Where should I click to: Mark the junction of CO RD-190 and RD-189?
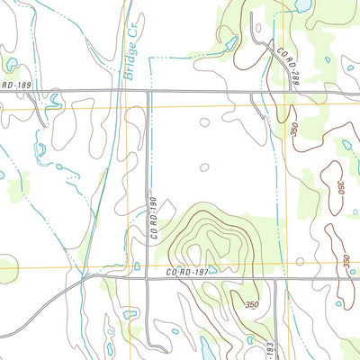(x=148, y=92)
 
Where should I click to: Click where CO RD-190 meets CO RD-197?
(x=148, y=278)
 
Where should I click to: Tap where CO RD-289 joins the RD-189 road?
(x=270, y=92)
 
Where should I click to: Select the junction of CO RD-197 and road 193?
(x=274, y=278)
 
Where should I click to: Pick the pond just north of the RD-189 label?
(x=11, y=64)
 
